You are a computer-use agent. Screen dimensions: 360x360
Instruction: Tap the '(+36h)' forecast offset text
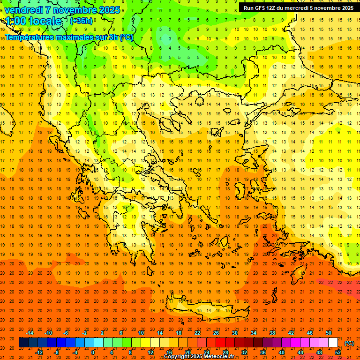pos(81,21)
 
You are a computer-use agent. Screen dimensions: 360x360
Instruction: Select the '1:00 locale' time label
pos(33,21)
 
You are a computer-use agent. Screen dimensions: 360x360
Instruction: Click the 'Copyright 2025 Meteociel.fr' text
pos(199,357)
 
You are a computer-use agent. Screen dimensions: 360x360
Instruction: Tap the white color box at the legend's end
pos(333,343)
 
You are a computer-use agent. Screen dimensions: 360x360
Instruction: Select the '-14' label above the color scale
pos(30,333)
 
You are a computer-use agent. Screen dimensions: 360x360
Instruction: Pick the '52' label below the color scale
pos(338,352)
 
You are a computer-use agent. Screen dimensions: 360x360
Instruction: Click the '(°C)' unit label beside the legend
pos(349,343)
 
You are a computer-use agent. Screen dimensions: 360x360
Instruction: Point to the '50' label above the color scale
pos(329,333)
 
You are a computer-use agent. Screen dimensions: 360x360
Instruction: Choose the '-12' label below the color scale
pos(39,352)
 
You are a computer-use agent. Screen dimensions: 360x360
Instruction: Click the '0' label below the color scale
pos(93,352)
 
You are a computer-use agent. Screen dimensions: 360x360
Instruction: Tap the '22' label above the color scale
pos(197,333)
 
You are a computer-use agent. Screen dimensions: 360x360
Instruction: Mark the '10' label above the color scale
pos(141,333)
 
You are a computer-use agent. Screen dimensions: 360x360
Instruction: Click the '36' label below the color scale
pos(263,352)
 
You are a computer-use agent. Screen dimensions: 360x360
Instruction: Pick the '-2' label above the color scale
pos(84,333)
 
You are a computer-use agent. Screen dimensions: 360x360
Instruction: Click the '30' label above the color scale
pos(235,333)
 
